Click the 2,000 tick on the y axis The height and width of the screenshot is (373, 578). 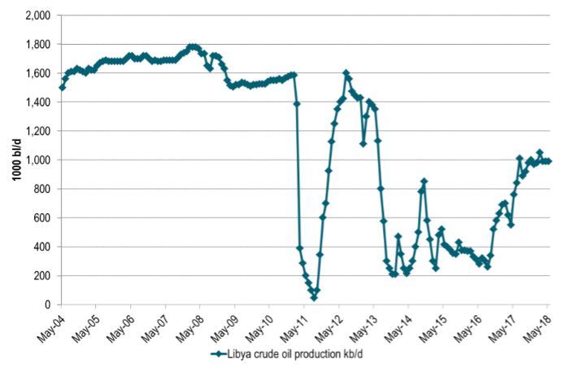(37, 15)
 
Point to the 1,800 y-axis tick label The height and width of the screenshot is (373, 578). (37, 44)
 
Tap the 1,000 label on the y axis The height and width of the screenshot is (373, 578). (37, 160)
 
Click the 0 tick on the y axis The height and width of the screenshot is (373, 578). (46, 305)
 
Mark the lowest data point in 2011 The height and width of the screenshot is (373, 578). (314, 297)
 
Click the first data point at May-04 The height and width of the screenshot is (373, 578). (62, 87)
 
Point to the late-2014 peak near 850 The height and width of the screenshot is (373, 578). (424, 182)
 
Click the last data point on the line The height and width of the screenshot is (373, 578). (549, 161)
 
